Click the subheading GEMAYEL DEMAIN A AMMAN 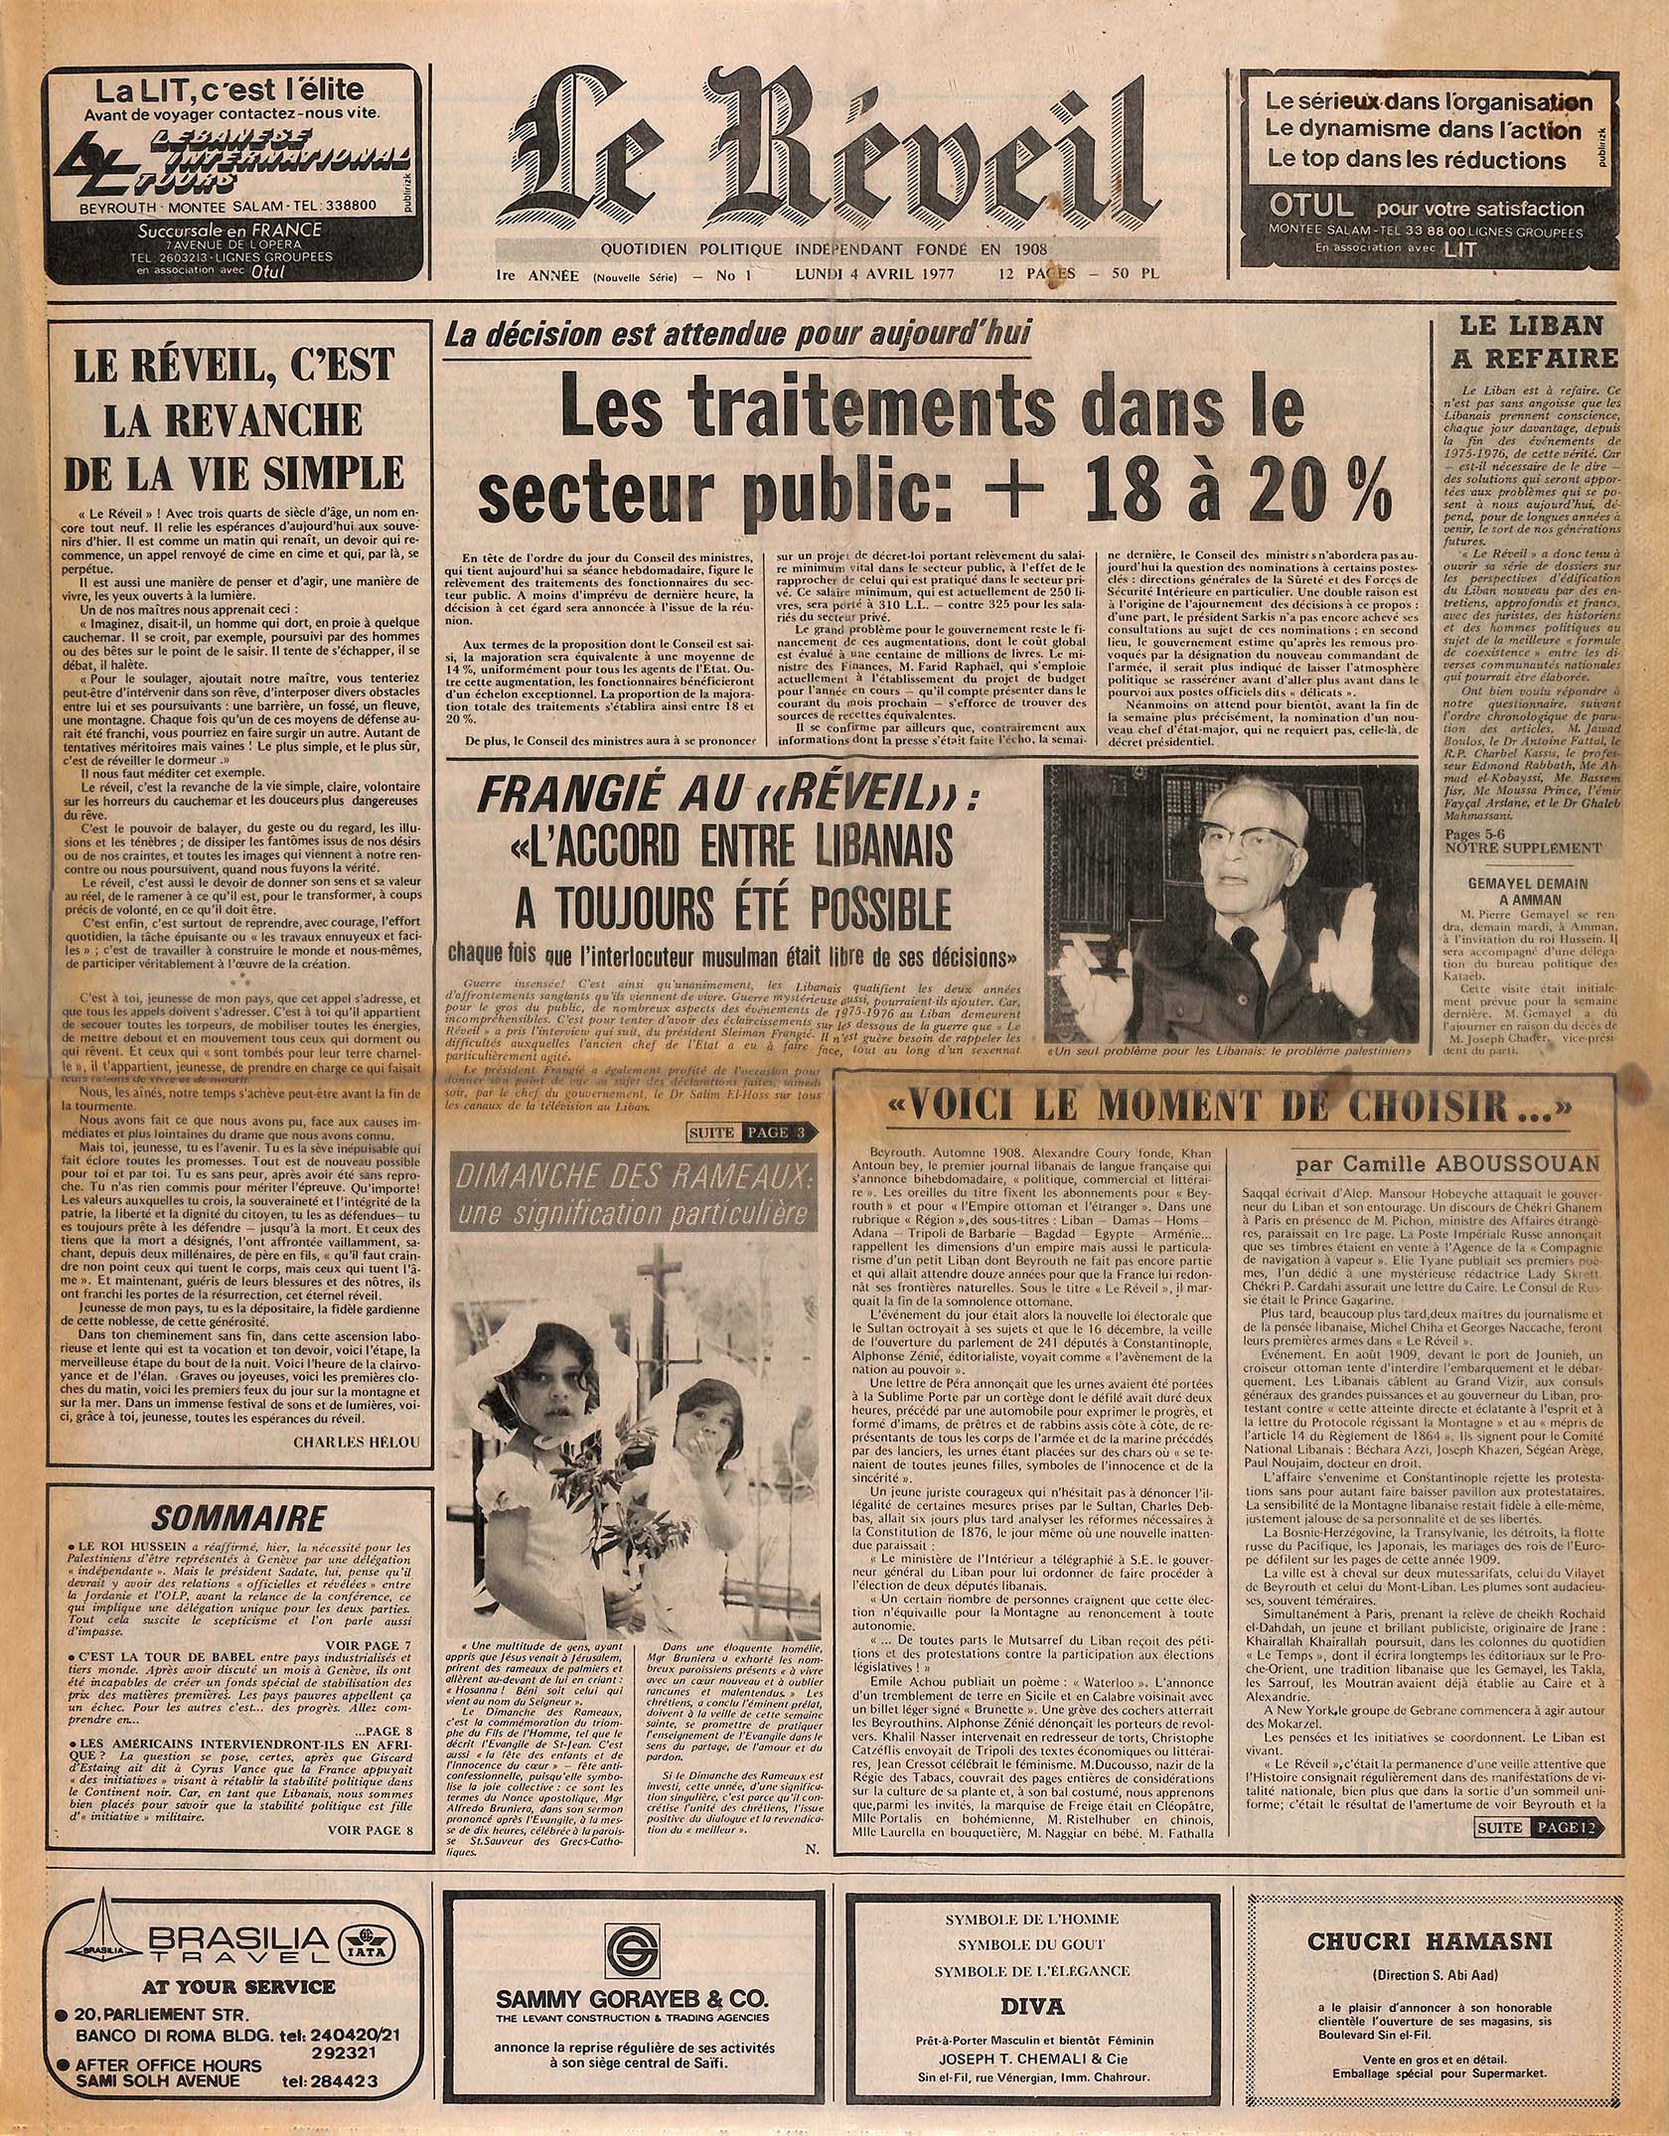point(1528,890)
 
